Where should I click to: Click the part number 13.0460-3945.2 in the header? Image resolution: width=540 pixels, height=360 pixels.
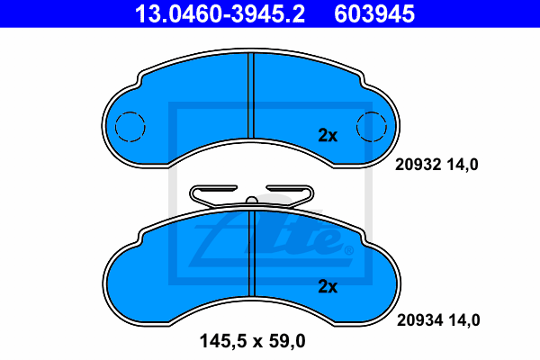pyautogui.click(x=220, y=14)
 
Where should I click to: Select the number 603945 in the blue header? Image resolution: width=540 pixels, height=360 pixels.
pyautogui.click(x=374, y=14)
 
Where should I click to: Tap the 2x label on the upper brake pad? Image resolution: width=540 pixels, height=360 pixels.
pyautogui.click(x=328, y=135)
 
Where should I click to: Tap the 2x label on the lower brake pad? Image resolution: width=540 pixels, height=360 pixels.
pyautogui.click(x=328, y=286)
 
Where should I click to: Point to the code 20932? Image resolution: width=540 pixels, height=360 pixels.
pyautogui.click(x=418, y=165)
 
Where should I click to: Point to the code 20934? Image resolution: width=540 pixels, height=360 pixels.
pyautogui.click(x=419, y=320)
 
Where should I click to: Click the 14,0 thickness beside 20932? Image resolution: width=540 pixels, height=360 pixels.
pyautogui.click(x=463, y=165)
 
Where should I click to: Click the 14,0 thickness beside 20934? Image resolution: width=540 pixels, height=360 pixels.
pyautogui.click(x=464, y=320)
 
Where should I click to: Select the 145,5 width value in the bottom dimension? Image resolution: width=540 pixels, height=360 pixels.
pyautogui.click(x=223, y=341)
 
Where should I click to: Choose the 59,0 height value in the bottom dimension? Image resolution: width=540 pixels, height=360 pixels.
pyautogui.click(x=287, y=341)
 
